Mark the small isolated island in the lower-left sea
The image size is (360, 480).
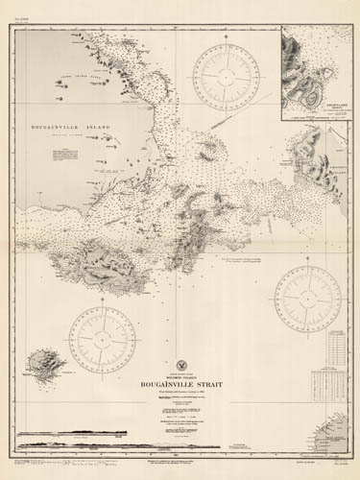point(43,364)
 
